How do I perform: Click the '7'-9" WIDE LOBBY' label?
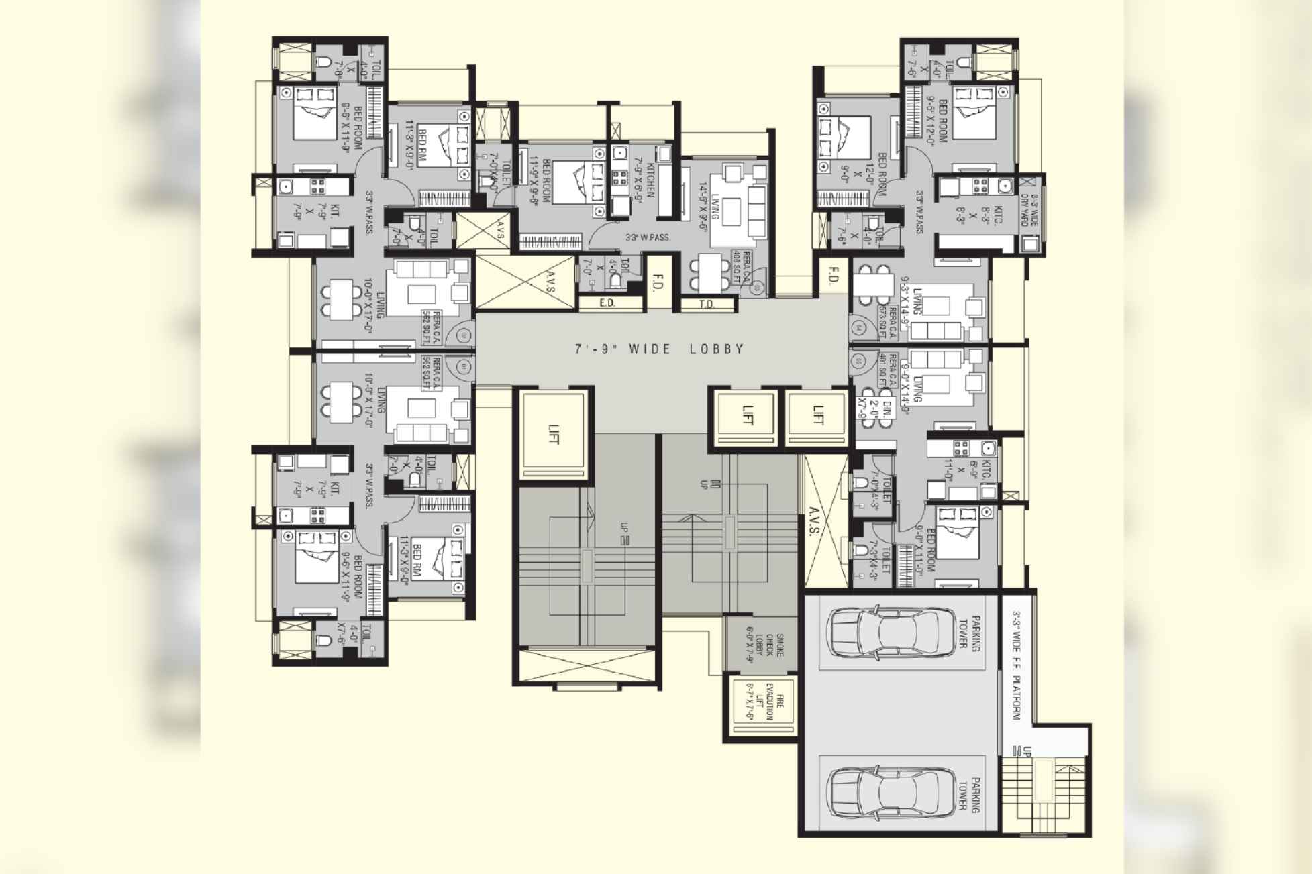coord(660,349)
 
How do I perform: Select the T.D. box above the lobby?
coord(707,305)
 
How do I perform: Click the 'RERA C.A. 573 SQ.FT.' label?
coord(887,323)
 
